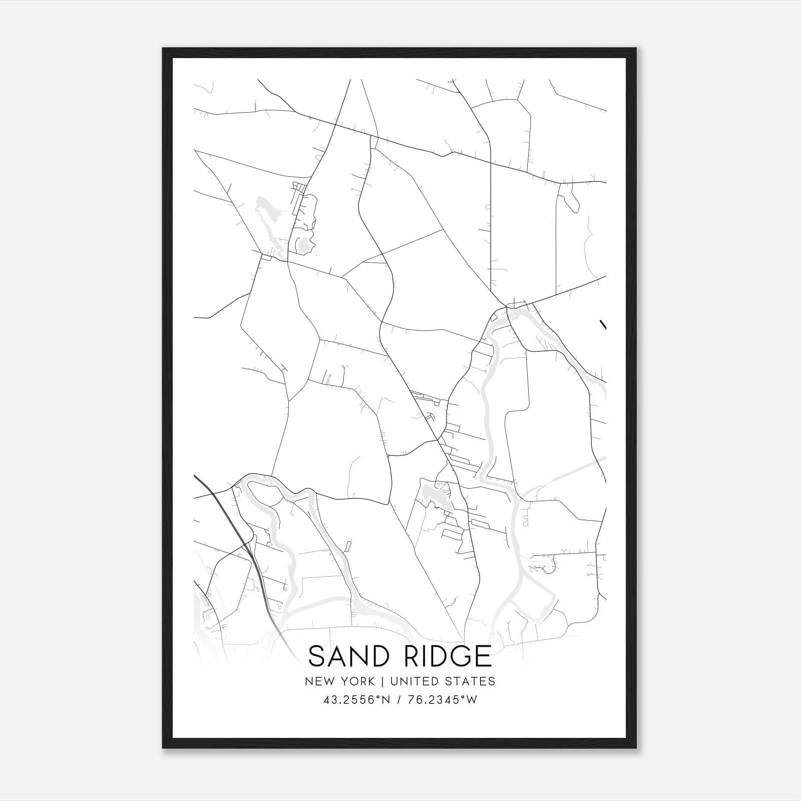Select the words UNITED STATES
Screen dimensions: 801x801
[x=443, y=681]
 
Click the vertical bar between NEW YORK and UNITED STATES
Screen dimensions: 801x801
[x=382, y=681]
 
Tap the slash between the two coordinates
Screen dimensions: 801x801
[x=398, y=700]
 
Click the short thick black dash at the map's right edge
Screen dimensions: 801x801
[x=603, y=324]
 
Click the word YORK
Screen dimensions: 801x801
[x=358, y=681]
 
